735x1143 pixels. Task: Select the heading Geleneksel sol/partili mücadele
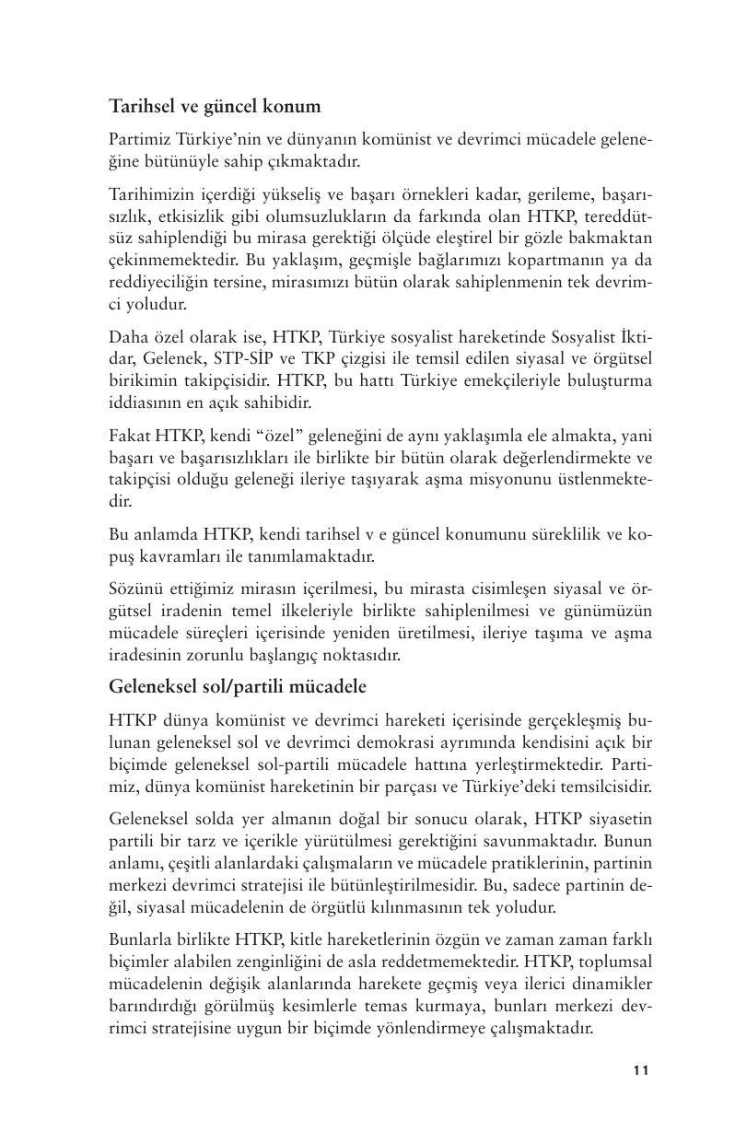238,686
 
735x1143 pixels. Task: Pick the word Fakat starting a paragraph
128,434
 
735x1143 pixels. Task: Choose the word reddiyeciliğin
157,283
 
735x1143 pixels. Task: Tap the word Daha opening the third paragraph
127,335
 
